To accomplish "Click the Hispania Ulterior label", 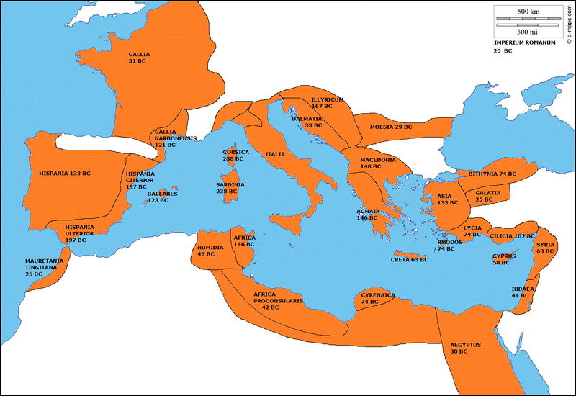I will (x=79, y=233).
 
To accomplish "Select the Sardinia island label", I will (x=231, y=188).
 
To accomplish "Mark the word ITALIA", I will (x=275, y=154).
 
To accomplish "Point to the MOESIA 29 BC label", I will (x=391, y=127).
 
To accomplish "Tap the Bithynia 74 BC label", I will (x=492, y=174).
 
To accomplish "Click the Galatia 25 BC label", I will (x=489, y=196).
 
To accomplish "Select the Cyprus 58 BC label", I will (x=503, y=259).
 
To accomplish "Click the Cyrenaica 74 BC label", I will (x=378, y=298).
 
